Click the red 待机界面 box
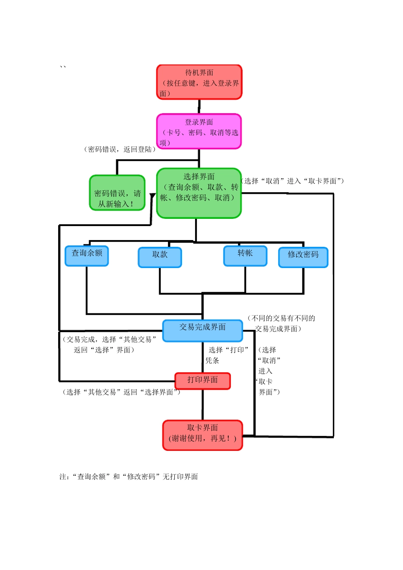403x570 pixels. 199,82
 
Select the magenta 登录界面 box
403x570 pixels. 199,131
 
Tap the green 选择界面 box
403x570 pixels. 199,193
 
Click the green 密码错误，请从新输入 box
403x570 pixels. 117,193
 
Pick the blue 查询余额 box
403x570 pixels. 87,256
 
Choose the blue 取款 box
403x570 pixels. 160,257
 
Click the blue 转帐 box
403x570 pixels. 245,256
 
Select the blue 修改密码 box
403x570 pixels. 303,257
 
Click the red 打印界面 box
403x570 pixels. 202,381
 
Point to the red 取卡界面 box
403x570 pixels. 202,435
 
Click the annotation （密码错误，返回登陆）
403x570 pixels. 120,149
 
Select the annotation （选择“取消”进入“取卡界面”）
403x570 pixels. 293,181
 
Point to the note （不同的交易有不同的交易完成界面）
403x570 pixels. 281,324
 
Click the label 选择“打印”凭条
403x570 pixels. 227,355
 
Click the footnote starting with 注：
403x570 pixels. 129,477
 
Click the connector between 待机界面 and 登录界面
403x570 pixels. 199,106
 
